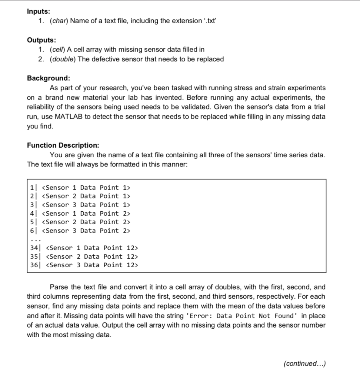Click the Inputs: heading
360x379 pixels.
[39, 11]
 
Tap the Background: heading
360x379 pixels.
[48, 78]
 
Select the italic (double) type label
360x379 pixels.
[62, 59]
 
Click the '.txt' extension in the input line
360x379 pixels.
[211, 21]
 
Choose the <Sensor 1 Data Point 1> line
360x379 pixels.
[87, 188]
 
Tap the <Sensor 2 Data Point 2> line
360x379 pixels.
[87, 222]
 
